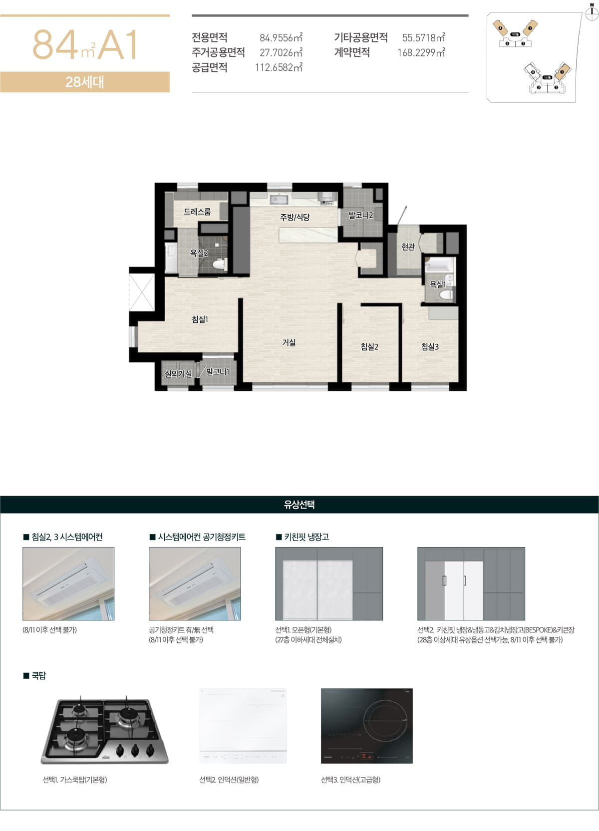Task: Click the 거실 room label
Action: click(x=289, y=342)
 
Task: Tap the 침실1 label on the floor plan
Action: click(x=200, y=319)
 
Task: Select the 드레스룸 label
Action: click(x=197, y=212)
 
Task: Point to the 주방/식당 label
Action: click(x=295, y=217)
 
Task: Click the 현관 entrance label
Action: click(x=408, y=247)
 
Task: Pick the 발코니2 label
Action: click(x=360, y=216)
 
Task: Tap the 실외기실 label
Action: click(x=178, y=373)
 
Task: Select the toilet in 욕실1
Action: click(x=446, y=294)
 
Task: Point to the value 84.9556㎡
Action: click(x=281, y=38)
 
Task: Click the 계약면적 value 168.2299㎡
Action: click(x=421, y=53)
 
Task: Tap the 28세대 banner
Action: click(x=85, y=82)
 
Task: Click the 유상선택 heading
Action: click(x=299, y=505)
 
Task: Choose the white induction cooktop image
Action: click(x=243, y=726)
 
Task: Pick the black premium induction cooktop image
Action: click(x=367, y=726)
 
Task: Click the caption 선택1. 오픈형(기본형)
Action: click(x=303, y=630)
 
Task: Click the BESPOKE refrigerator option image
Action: click(x=471, y=584)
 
